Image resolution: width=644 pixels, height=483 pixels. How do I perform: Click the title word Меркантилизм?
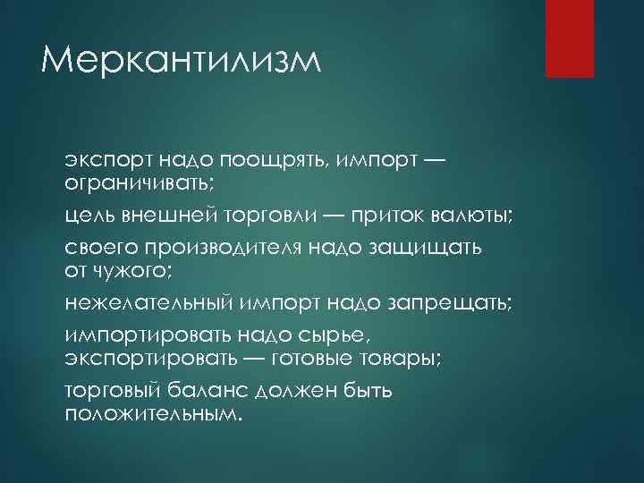tap(180, 62)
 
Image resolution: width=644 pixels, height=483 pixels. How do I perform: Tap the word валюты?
tap(476, 216)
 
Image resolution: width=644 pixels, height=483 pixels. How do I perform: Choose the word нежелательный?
tap(148, 301)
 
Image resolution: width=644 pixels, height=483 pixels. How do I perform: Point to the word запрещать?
tap(451, 301)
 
